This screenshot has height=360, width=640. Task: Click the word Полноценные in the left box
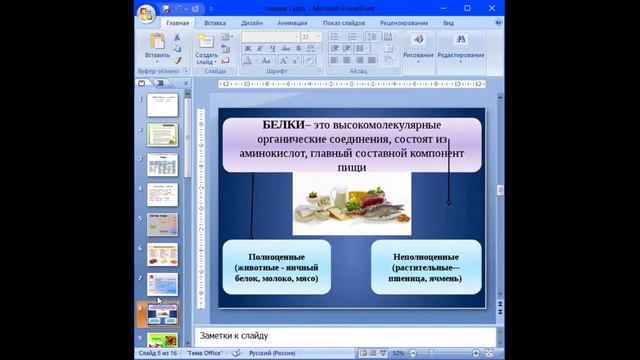(276, 257)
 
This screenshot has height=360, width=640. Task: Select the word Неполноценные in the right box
(426, 257)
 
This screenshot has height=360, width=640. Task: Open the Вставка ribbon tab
(214, 21)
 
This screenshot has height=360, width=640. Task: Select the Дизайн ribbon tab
(251, 21)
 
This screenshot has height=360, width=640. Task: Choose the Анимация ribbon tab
(292, 21)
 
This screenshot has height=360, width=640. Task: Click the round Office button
(147, 13)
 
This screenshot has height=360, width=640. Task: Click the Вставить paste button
(157, 46)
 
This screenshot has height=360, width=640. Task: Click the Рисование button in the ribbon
(417, 47)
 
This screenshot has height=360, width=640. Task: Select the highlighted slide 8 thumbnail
(162, 313)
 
